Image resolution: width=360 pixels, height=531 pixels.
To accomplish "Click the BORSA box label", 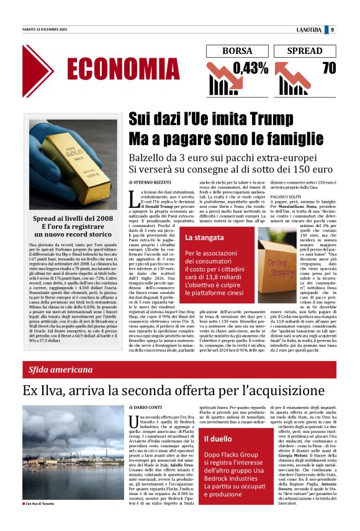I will point(238,51).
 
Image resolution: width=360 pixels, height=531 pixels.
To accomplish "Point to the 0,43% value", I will point(250,68).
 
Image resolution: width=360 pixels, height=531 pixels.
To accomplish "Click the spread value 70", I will point(328,68).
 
